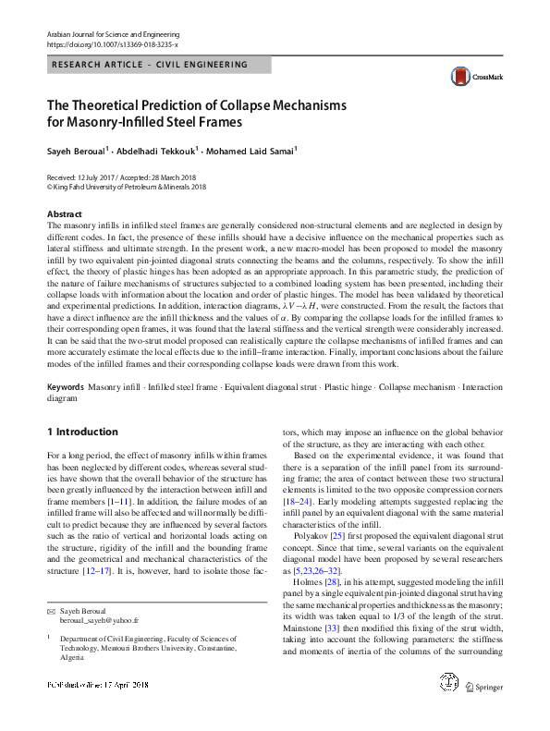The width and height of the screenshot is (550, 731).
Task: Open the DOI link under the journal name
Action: (x=112, y=44)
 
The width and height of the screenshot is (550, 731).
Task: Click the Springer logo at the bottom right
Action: (x=483, y=713)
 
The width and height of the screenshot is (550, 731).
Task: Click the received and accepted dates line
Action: (x=120, y=177)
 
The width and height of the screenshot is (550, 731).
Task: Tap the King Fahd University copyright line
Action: (x=126, y=186)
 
